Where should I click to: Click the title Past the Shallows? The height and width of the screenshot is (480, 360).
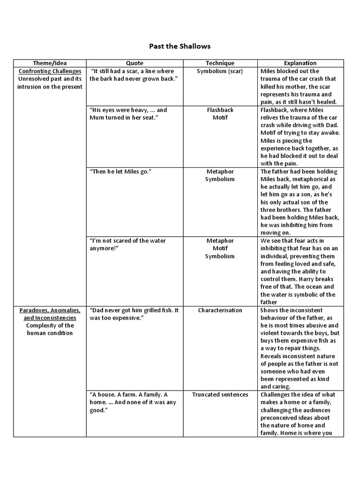coord(180,46)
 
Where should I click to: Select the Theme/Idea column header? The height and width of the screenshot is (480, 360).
coord(50,63)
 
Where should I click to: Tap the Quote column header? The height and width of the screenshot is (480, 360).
coord(135,63)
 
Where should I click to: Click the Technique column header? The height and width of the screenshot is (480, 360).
coord(220,63)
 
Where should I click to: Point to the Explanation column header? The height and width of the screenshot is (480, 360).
coord(300,63)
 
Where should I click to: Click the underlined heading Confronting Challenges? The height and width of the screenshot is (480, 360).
coord(50,71)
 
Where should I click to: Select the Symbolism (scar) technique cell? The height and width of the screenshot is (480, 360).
coord(220,71)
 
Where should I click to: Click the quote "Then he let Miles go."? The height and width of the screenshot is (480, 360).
coord(121,172)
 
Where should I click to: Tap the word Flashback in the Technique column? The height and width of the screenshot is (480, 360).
coord(220,110)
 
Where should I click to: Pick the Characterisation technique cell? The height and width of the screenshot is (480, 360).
coord(220,310)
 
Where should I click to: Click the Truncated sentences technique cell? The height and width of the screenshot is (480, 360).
coord(220,395)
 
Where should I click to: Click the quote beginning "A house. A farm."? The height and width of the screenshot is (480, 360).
coord(133,402)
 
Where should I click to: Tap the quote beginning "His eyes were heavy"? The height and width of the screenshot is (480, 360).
coord(128,114)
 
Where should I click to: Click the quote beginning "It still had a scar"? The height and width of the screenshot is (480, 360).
coord(133,75)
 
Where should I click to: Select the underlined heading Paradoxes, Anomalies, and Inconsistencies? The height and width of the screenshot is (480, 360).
coord(50,314)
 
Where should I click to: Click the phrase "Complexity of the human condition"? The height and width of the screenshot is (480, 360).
coord(50,329)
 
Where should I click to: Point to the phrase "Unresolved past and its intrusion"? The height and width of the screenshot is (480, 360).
coord(50,82)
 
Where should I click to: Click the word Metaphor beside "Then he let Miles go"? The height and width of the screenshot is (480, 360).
coord(220,172)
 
